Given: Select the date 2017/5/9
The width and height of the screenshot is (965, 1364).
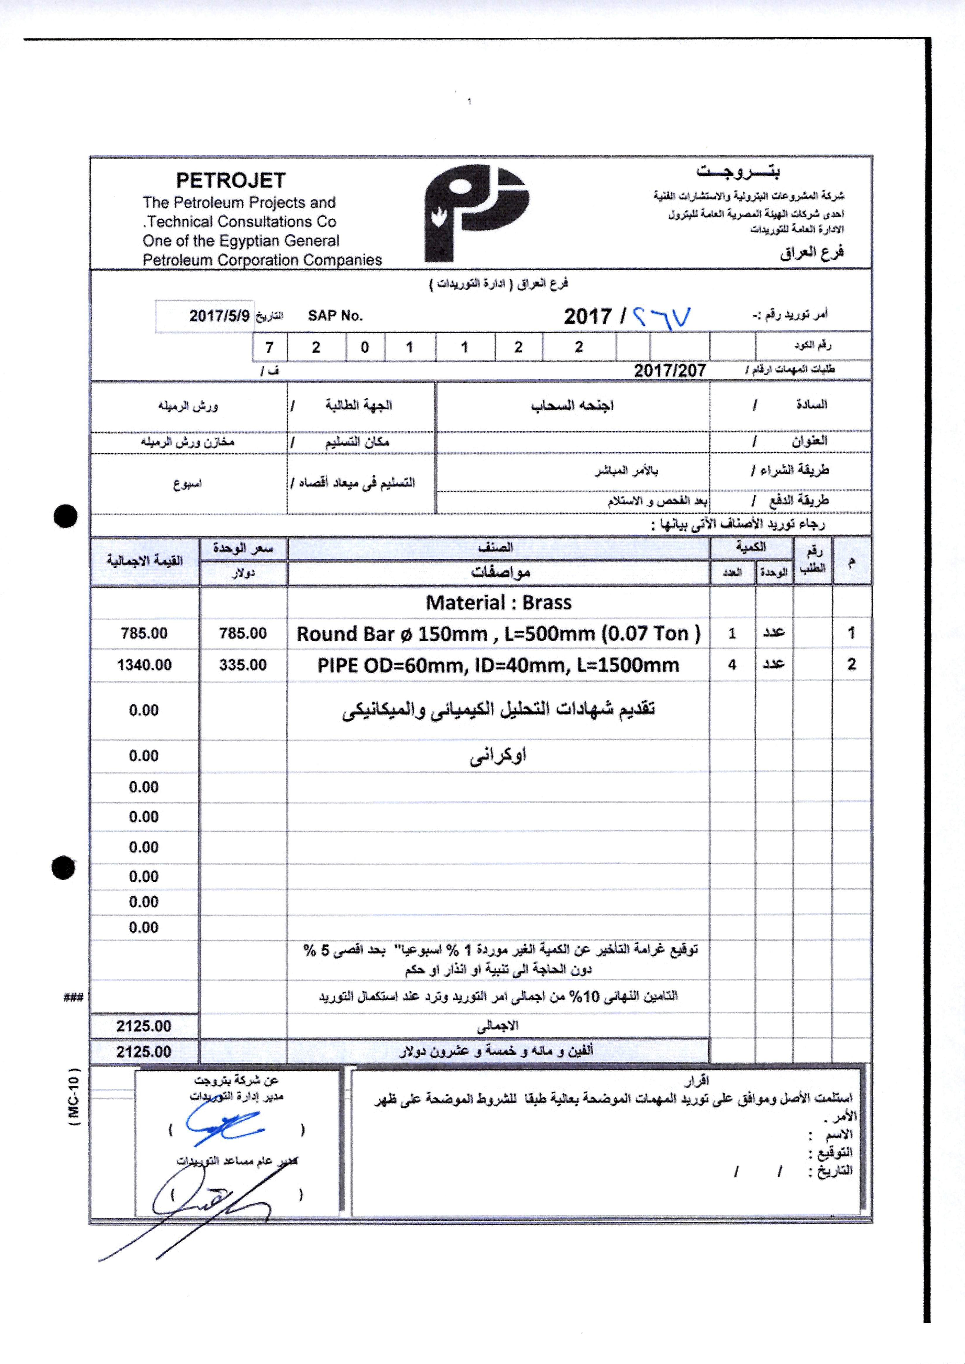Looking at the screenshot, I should coord(220,315).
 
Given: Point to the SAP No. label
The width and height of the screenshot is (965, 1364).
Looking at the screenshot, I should coord(335,316).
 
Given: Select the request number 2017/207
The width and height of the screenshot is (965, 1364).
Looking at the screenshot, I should coord(670,371).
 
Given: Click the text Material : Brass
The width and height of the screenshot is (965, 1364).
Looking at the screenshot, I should coord(499,603).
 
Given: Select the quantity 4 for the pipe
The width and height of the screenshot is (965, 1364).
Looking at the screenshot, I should coord(732,665).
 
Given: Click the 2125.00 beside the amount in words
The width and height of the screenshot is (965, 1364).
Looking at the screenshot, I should coord(144,1052).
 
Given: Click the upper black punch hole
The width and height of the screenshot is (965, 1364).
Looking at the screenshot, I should coord(65,516).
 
